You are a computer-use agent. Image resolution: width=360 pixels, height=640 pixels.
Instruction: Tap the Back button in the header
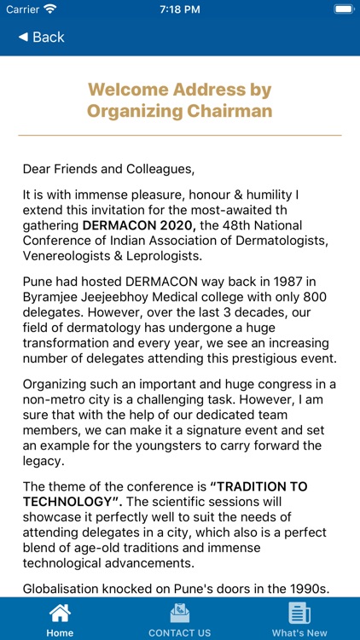pos(41,37)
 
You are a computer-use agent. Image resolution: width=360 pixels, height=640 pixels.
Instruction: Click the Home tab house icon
pos(60,613)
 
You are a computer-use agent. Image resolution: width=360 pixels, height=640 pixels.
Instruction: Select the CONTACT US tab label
pos(179,633)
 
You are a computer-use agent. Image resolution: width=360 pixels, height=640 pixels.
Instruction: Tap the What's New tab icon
pos(299,613)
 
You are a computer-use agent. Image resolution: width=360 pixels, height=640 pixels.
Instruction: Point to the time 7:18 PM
pos(180,9)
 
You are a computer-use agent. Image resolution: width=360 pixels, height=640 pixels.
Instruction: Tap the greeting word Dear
pos(38,167)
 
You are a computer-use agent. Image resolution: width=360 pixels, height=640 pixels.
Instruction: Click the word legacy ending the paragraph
pos(44,461)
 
